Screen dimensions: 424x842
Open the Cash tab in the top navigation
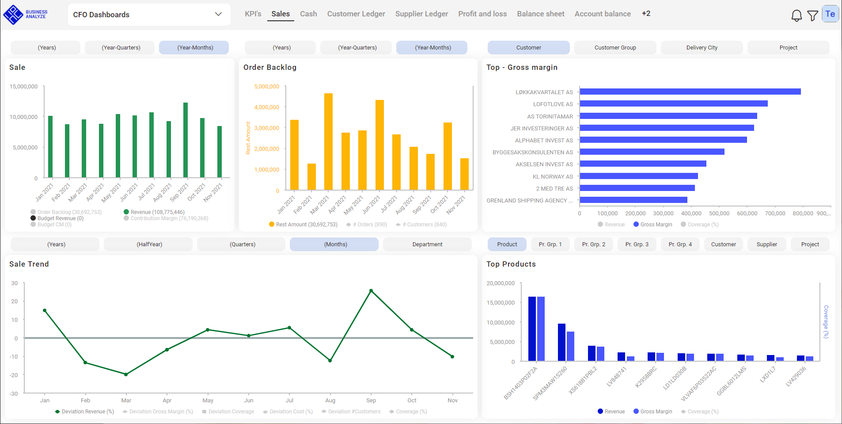coord(308,14)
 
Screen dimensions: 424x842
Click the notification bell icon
coord(796,15)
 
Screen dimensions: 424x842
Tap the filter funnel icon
coord(812,16)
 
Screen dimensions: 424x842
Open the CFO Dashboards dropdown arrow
coord(218,14)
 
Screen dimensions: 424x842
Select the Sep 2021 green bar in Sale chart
coord(186,140)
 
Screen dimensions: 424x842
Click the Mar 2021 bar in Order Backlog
coord(328,141)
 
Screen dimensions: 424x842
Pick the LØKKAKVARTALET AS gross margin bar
coord(690,92)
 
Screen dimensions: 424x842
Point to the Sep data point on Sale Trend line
coord(371,291)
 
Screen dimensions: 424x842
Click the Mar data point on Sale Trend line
coord(126,374)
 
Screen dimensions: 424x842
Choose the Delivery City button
coord(702,48)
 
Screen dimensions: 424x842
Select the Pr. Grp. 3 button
coord(637,244)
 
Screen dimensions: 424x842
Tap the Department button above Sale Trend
coord(427,244)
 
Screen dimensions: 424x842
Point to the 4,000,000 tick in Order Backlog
coord(266,107)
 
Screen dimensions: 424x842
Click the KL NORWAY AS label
coord(552,177)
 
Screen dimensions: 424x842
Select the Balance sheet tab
coord(540,14)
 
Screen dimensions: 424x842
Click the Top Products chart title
coord(511,264)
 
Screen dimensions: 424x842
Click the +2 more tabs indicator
coord(646,14)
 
